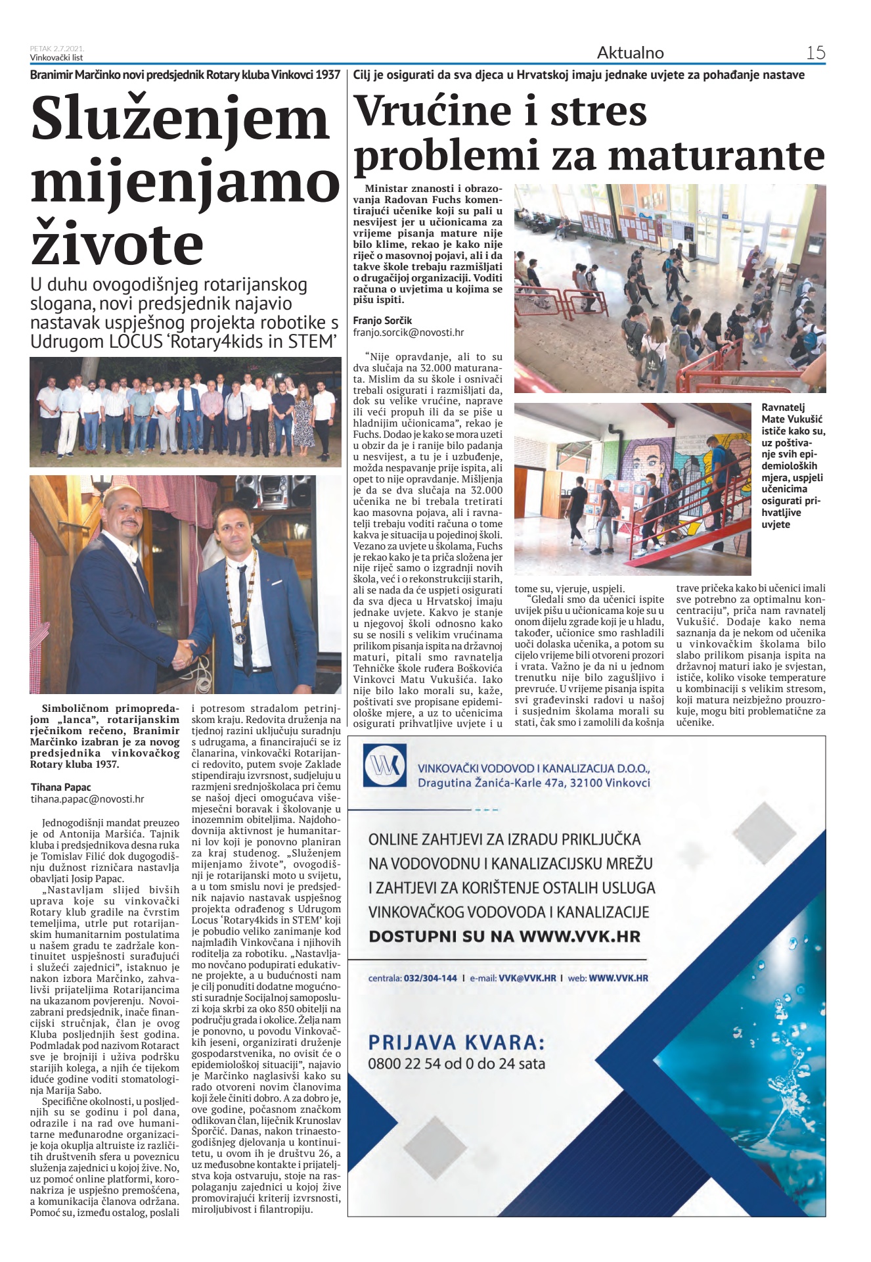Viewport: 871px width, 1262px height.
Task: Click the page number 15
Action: click(815, 53)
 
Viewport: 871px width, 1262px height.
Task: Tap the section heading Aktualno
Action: click(630, 53)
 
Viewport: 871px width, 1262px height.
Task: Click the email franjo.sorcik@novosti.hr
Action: click(408, 333)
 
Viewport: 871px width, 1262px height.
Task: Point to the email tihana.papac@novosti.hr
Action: click(87, 799)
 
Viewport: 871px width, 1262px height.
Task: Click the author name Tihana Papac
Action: click(60, 787)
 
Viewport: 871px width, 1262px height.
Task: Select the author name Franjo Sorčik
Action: click(382, 320)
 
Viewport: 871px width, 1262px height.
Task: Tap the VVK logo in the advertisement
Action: click(385, 766)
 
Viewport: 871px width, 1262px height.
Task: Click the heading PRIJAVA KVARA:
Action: click(456, 1042)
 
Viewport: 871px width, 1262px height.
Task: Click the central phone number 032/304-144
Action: click(431, 978)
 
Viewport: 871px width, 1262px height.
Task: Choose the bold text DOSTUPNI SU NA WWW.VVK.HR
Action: click(504, 936)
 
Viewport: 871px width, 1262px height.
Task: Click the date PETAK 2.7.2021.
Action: click(56, 49)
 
